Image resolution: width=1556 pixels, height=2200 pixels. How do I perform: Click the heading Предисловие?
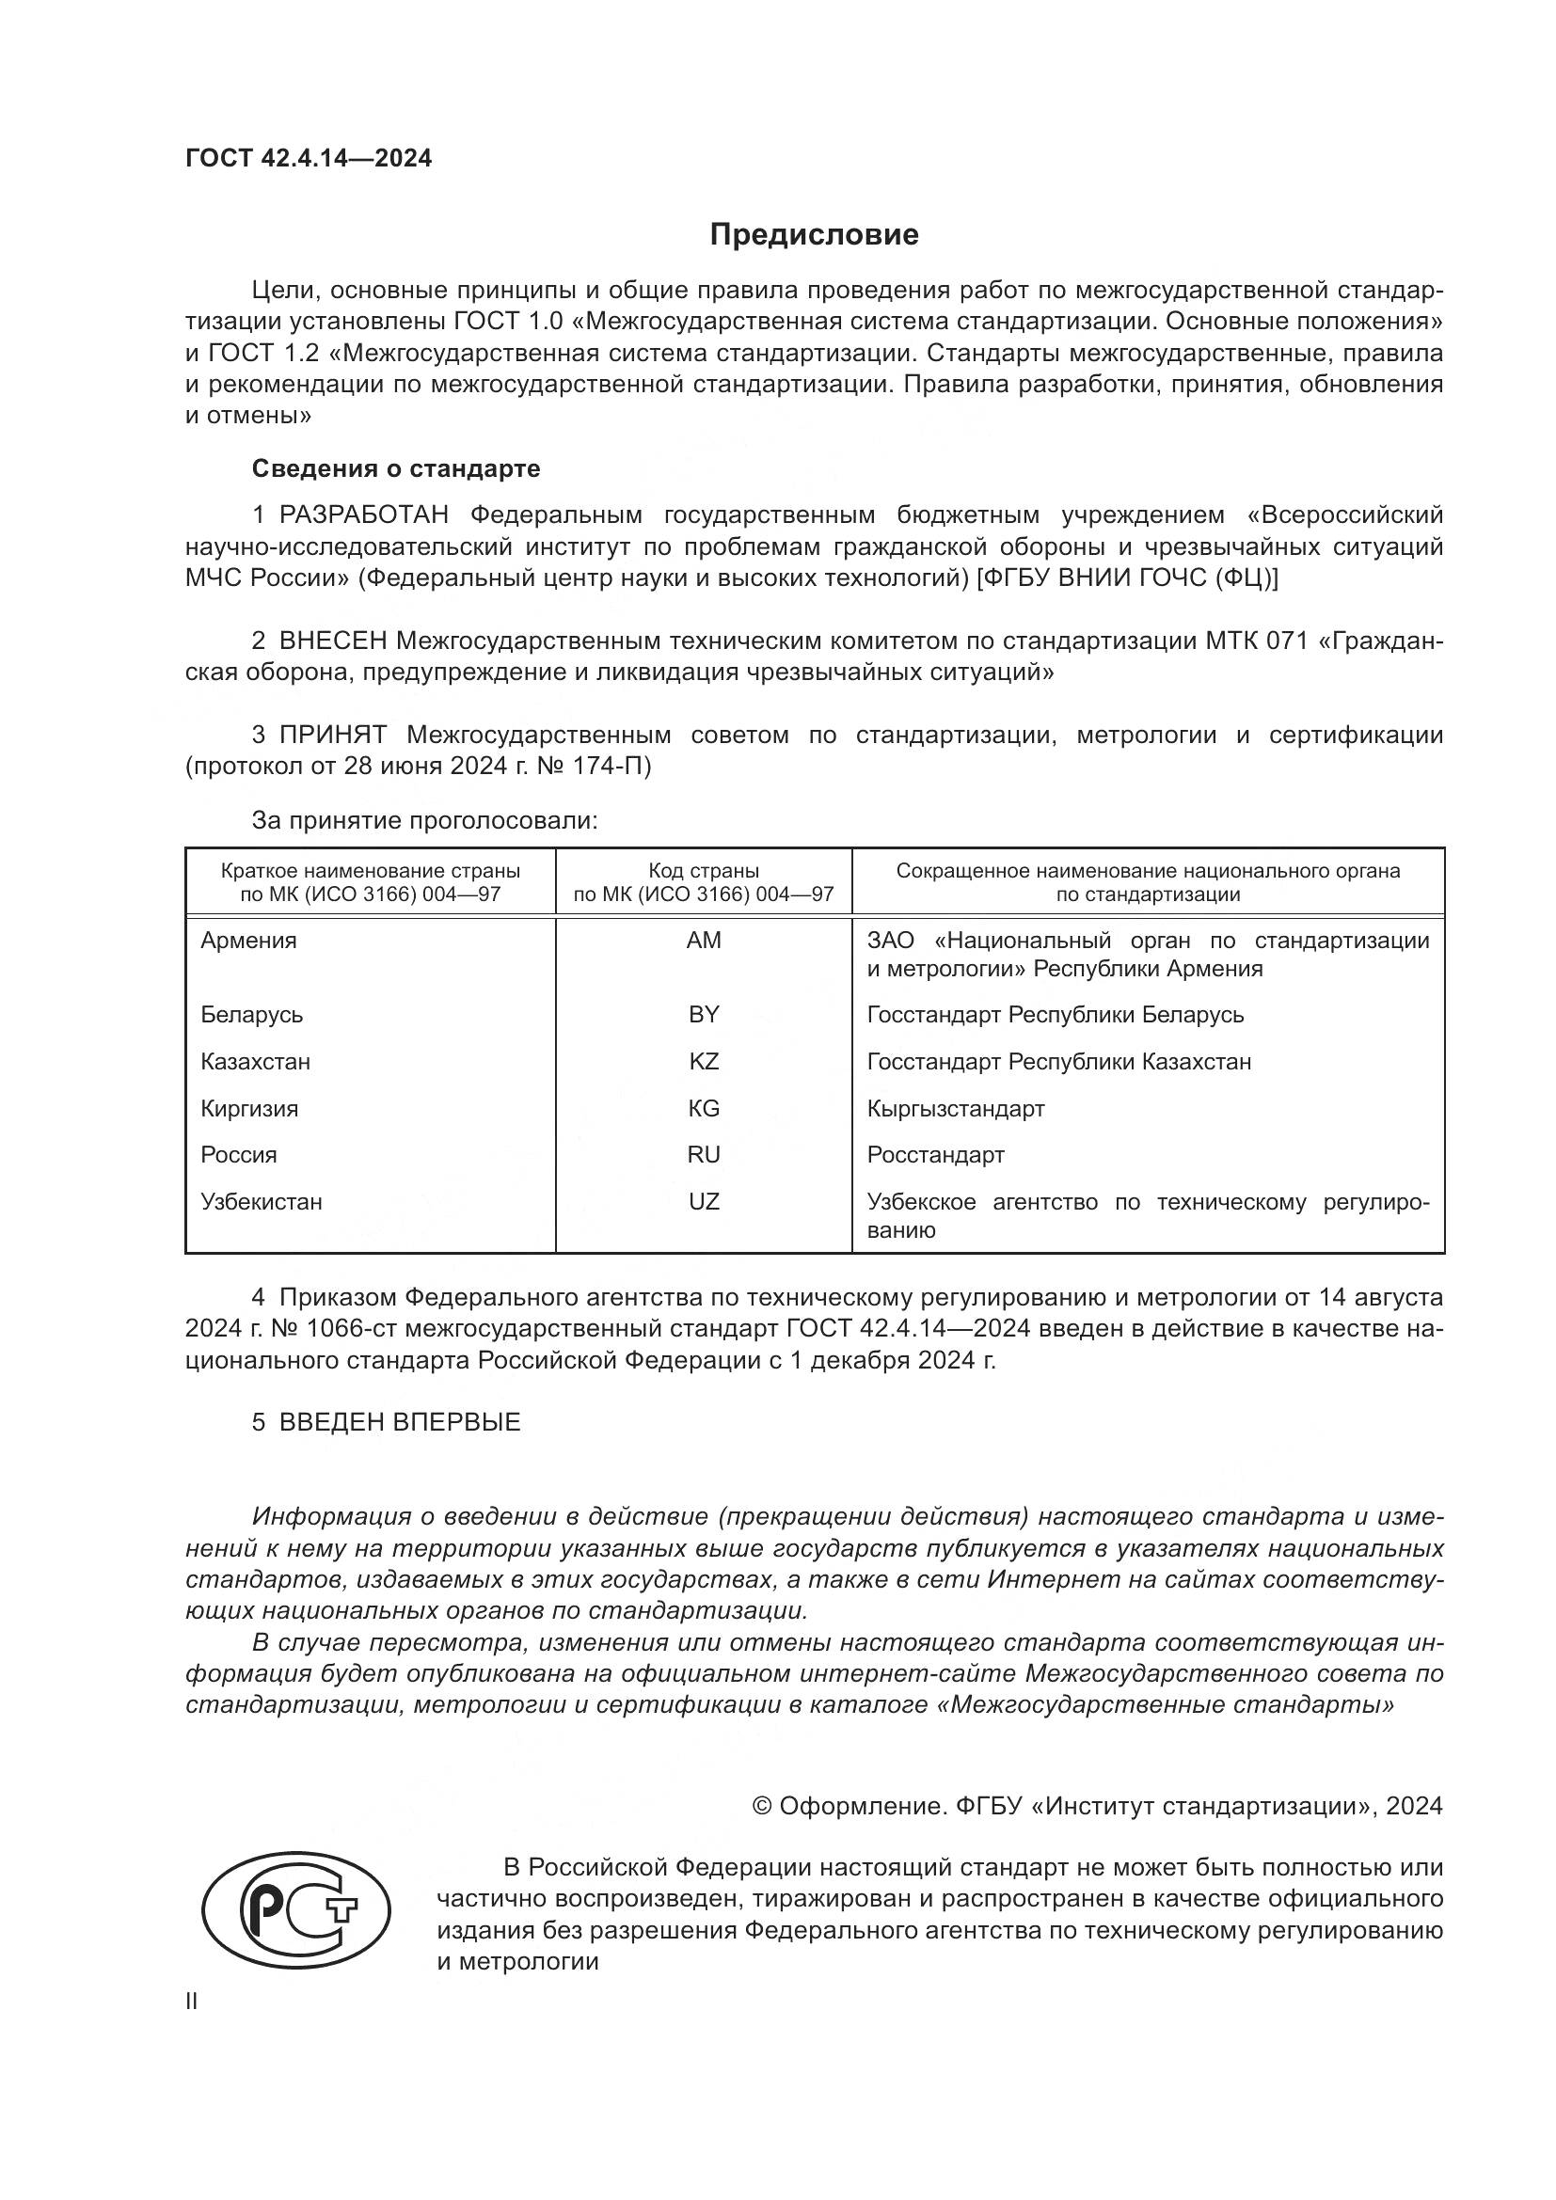pos(814,235)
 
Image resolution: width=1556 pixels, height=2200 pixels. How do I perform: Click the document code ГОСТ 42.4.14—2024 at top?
pos(308,158)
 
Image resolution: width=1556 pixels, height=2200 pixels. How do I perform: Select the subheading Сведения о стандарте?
pos(396,468)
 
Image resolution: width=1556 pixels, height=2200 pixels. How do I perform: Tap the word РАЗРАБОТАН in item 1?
pos(363,515)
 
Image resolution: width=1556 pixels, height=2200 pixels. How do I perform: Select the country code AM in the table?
pos(704,941)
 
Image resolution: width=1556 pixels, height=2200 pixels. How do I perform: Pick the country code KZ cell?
pos(704,1062)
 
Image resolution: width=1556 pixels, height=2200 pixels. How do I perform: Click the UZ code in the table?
pos(704,1201)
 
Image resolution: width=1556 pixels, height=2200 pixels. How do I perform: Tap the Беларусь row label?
pos(251,1015)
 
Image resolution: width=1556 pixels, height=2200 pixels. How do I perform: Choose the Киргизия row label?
pos(249,1109)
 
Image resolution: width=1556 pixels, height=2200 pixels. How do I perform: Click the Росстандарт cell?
pos(935,1155)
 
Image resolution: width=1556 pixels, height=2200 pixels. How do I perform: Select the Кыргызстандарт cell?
pos(955,1109)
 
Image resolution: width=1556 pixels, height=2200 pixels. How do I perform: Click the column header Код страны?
pos(704,871)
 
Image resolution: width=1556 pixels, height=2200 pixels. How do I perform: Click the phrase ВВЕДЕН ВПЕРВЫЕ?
pos(400,1422)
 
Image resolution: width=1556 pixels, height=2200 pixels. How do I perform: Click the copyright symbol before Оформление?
pos(763,1806)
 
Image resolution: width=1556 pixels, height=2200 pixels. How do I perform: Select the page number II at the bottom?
pos(192,2002)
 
